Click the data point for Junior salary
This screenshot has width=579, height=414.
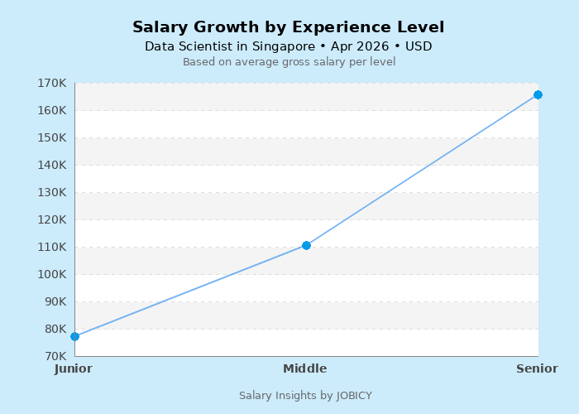point(74,336)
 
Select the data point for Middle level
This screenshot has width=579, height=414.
point(306,245)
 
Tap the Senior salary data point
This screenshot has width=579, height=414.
point(538,94)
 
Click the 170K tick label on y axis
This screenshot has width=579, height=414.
point(52,83)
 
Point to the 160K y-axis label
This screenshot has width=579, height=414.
point(52,110)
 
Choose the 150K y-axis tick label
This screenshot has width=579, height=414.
point(52,137)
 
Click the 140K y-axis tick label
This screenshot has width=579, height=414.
point(52,165)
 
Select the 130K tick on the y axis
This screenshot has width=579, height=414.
point(52,192)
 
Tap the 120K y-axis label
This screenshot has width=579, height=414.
point(52,219)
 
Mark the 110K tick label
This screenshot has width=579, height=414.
point(52,247)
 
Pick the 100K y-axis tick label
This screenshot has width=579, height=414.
point(52,274)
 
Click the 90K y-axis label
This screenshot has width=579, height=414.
point(55,301)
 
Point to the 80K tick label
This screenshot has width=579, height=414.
point(55,329)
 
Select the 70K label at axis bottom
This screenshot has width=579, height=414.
point(55,356)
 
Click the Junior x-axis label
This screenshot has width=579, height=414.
point(74,368)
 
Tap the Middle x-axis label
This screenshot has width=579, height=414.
point(305,368)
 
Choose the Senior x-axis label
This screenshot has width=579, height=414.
point(537,368)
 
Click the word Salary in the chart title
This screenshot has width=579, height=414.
point(160,27)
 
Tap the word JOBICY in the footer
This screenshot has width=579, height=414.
point(354,396)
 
